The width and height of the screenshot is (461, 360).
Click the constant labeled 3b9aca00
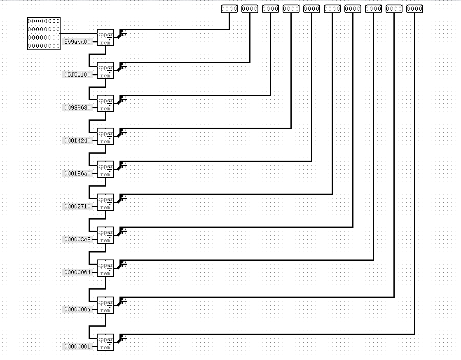pyautogui.click(x=77, y=42)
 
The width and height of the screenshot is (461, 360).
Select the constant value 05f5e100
pyautogui.click(x=77, y=75)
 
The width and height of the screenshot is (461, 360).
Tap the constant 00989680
pyautogui.click(x=77, y=108)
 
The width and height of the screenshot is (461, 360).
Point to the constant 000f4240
pyautogui.click(x=77, y=140)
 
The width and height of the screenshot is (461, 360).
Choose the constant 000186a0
pyautogui.click(x=77, y=173)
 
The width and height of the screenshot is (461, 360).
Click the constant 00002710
pyautogui.click(x=77, y=206)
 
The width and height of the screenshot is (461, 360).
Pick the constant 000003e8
pyautogui.click(x=77, y=239)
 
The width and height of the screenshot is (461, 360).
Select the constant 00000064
pyautogui.click(x=77, y=272)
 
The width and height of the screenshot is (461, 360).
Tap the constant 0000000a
pyautogui.click(x=77, y=309)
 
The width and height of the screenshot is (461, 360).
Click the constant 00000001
pyautogui.click(x=77, y=346)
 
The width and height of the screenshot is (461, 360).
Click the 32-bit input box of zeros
pyautogui.click(x=44, y=33)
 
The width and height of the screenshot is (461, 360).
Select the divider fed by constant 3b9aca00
pyautogui.click(x=105, y=37)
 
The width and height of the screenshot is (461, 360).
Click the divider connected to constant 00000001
pyautogui.click(x=105, y=342)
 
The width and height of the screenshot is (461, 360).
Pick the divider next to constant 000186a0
pyautogui.click(x=105, y=169)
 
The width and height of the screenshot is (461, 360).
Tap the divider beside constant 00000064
pyautogui.click(x=105, y=268)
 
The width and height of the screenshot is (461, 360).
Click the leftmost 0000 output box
pyautogui.click(x=229, y=8)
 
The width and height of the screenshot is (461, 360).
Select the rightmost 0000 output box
pyautogui.click(x=414, y=8)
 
